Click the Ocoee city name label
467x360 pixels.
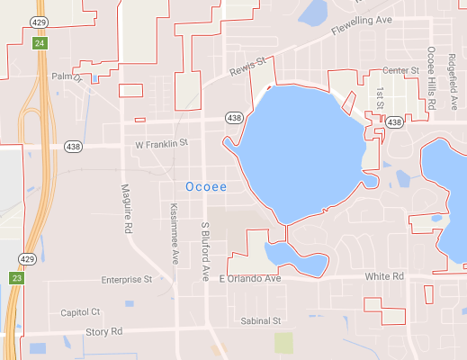(x=205, y=186)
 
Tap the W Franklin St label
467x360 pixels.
(x=161, y=143)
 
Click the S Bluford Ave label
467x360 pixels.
(x=205, y=252)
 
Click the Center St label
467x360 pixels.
(x=401, y=70)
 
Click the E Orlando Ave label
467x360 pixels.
(x=251, y=279)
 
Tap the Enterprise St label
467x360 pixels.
(x=127, y=280)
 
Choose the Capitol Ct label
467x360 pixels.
(x=80, y=312)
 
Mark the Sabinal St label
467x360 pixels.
(x=262, y=320)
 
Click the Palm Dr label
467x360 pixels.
(x=66, y=77)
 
